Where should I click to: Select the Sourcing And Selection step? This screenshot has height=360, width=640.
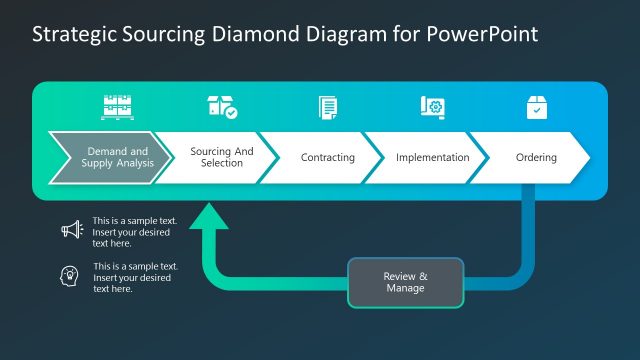coord(221,157)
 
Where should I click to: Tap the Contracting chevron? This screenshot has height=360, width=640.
coord(328,158)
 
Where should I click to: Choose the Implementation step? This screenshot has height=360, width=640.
coord(432,158)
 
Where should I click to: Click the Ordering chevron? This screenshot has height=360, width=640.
coord(536,158)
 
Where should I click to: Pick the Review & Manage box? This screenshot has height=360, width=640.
coord(405,282)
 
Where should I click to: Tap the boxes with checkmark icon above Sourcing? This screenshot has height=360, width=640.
coord(221,107)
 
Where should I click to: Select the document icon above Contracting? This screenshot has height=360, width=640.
coord(328,107)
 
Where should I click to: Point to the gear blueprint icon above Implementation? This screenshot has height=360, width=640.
coord(432,107)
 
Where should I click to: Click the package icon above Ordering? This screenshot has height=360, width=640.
coord(536,107)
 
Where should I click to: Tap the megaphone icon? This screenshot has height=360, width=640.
coord(71,231)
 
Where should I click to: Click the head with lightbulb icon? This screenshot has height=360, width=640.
coord(71,276)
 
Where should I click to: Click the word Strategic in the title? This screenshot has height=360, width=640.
coord(71,34)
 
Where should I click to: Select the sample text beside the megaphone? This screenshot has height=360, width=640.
coord(131,231)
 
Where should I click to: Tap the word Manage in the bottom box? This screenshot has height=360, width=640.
coord(405,288)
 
